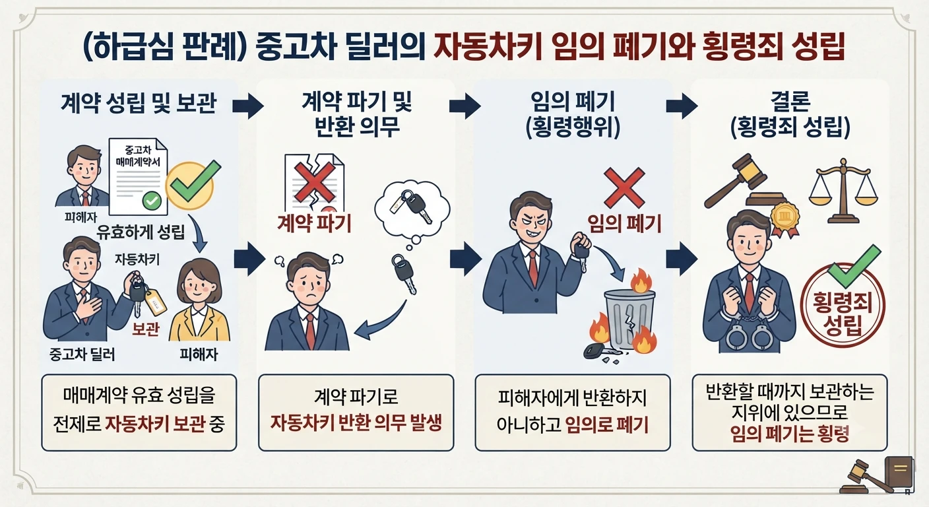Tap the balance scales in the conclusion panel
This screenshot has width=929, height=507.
(x=844, y=191)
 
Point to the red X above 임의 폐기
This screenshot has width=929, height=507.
(x=624, y=187)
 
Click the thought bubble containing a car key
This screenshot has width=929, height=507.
(x=412, y=212)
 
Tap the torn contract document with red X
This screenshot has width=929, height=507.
(x=314, y=183)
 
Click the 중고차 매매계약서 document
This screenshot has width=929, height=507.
(x=139, y=177)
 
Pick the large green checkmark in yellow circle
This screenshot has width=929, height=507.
(x=191, y=185)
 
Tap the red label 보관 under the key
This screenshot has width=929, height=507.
(x=146, y=329)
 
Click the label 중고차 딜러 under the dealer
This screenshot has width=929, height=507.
(x=82, y=355)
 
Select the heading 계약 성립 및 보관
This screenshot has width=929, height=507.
(x=139, y=103)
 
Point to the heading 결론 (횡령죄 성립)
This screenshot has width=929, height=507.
(x=790, y=114)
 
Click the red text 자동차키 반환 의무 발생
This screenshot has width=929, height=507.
(x=356, y=423)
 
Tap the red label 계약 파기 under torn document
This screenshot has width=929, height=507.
(x=314, y=224)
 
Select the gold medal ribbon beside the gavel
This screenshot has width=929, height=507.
(x=785, y=220)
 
